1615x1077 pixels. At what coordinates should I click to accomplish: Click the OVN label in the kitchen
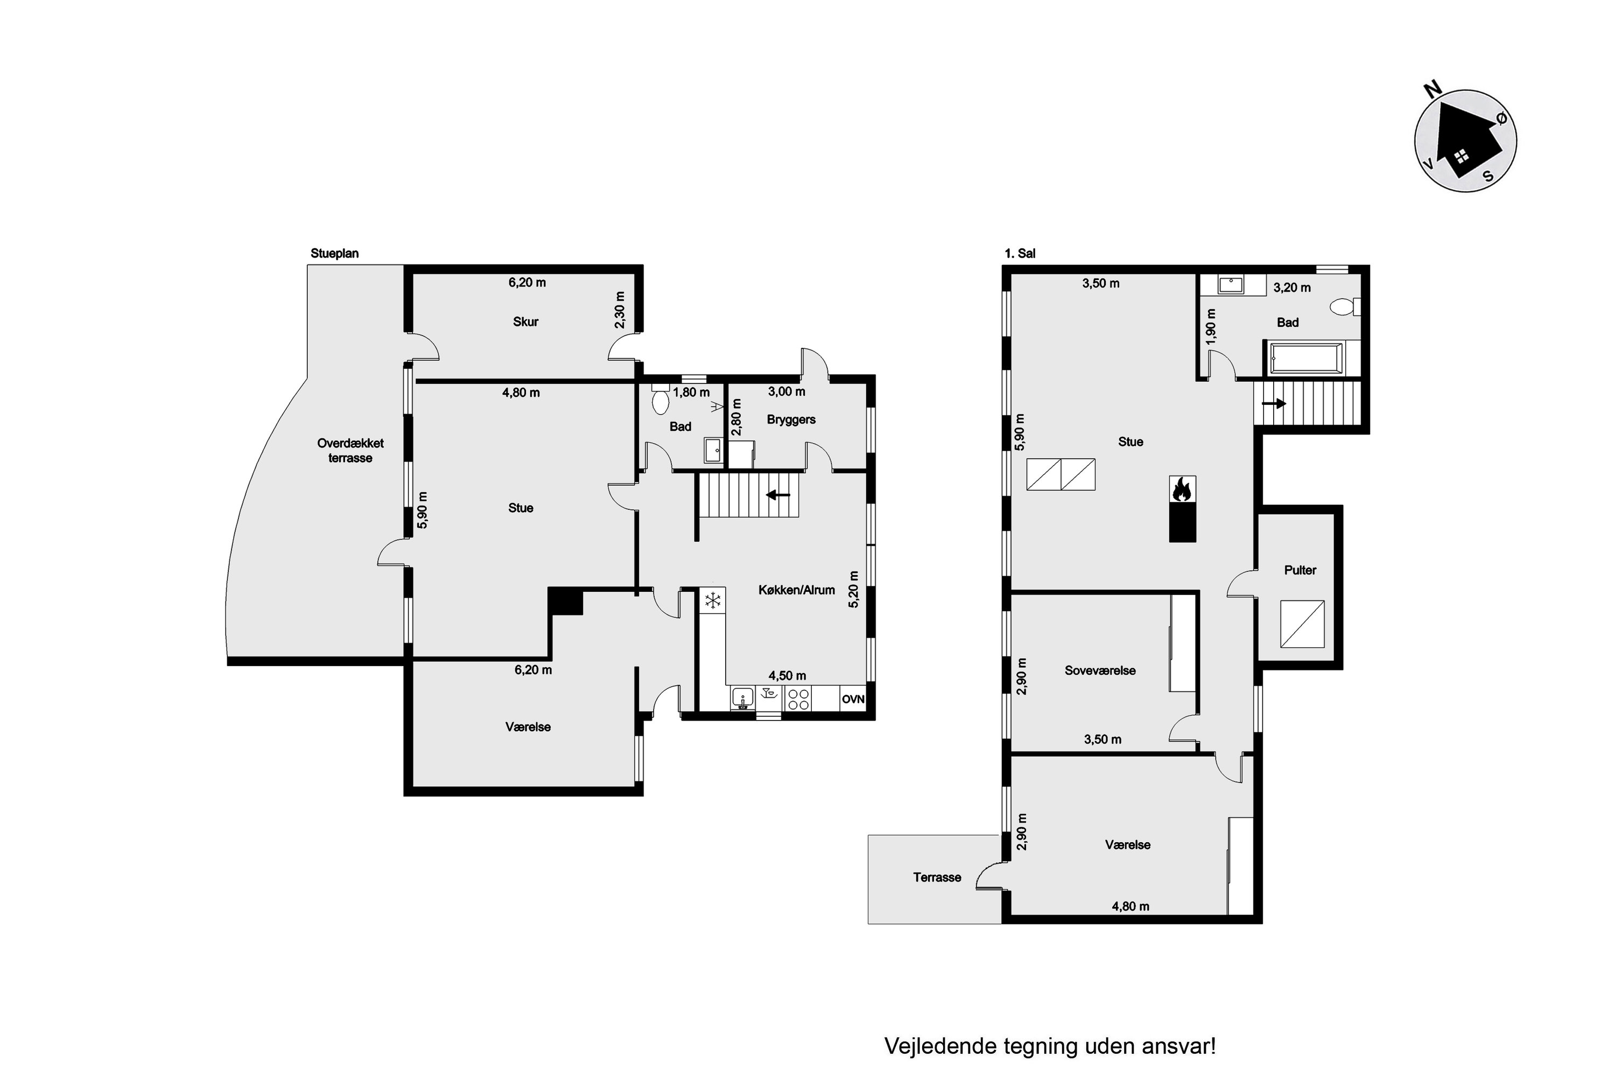coord(853,699)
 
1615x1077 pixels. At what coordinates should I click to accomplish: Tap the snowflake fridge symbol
coord(713,600)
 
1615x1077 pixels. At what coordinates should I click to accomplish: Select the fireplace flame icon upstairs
coord(1182,489)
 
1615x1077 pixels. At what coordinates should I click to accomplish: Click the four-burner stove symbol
coord(798,699)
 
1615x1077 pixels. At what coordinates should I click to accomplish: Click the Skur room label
coord(525,321)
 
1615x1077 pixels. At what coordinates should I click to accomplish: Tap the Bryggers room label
coord(791,419)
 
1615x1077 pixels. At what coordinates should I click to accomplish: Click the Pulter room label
coord(1300,570)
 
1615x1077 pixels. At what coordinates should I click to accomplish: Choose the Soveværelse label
coord(1100,670)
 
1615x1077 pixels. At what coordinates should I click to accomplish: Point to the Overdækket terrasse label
coord(350,451)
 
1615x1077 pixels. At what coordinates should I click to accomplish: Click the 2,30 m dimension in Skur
coord(620,310)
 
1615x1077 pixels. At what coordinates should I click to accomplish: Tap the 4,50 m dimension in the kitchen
coord(787,676)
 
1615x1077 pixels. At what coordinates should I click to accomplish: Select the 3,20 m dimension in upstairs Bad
coord(1291,288)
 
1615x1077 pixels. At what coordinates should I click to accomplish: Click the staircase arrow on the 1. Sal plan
coord(1274,404)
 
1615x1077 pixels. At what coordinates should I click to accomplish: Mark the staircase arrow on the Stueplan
coord(778,494)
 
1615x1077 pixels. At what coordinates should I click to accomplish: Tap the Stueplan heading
coord(334,254)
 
